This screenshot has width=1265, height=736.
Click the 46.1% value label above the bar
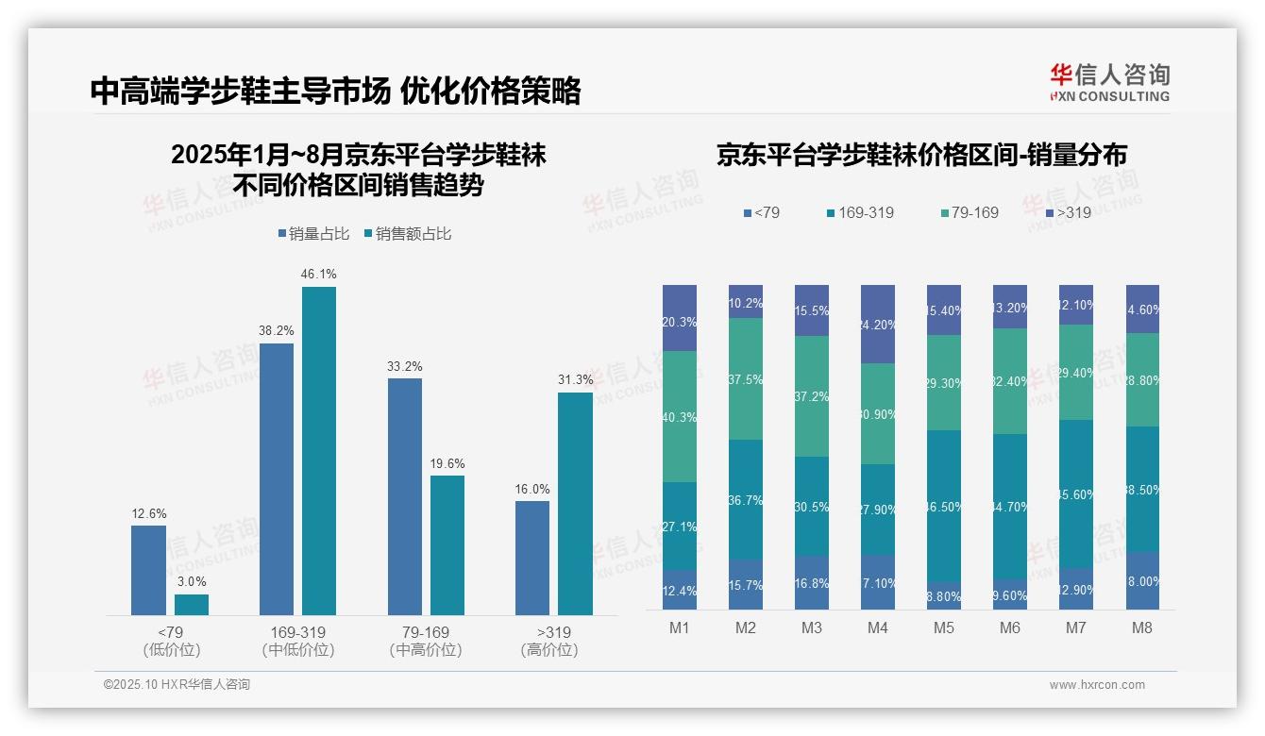(x=319, y=274)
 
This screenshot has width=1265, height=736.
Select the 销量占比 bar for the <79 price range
(x=148, y=570)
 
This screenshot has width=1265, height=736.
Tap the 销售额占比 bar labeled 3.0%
(x=192, y=604)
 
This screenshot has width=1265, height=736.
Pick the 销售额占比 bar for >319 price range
(x=575, y=504)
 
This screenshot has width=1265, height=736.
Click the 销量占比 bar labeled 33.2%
(x=405, y=496)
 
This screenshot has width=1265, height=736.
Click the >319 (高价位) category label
(x=548, y=641)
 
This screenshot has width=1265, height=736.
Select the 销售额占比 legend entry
(x=408, y=234)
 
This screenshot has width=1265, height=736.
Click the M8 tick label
(x=1142, y=628)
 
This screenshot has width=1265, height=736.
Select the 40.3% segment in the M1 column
(x=680, y=416)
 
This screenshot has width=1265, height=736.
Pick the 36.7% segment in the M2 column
(x=746, y=499)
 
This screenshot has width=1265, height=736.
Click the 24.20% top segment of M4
(x=878, y=324)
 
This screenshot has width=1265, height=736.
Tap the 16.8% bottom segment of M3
(x=812, y=582)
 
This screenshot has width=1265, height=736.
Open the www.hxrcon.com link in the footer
(x=1097, y=685)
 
